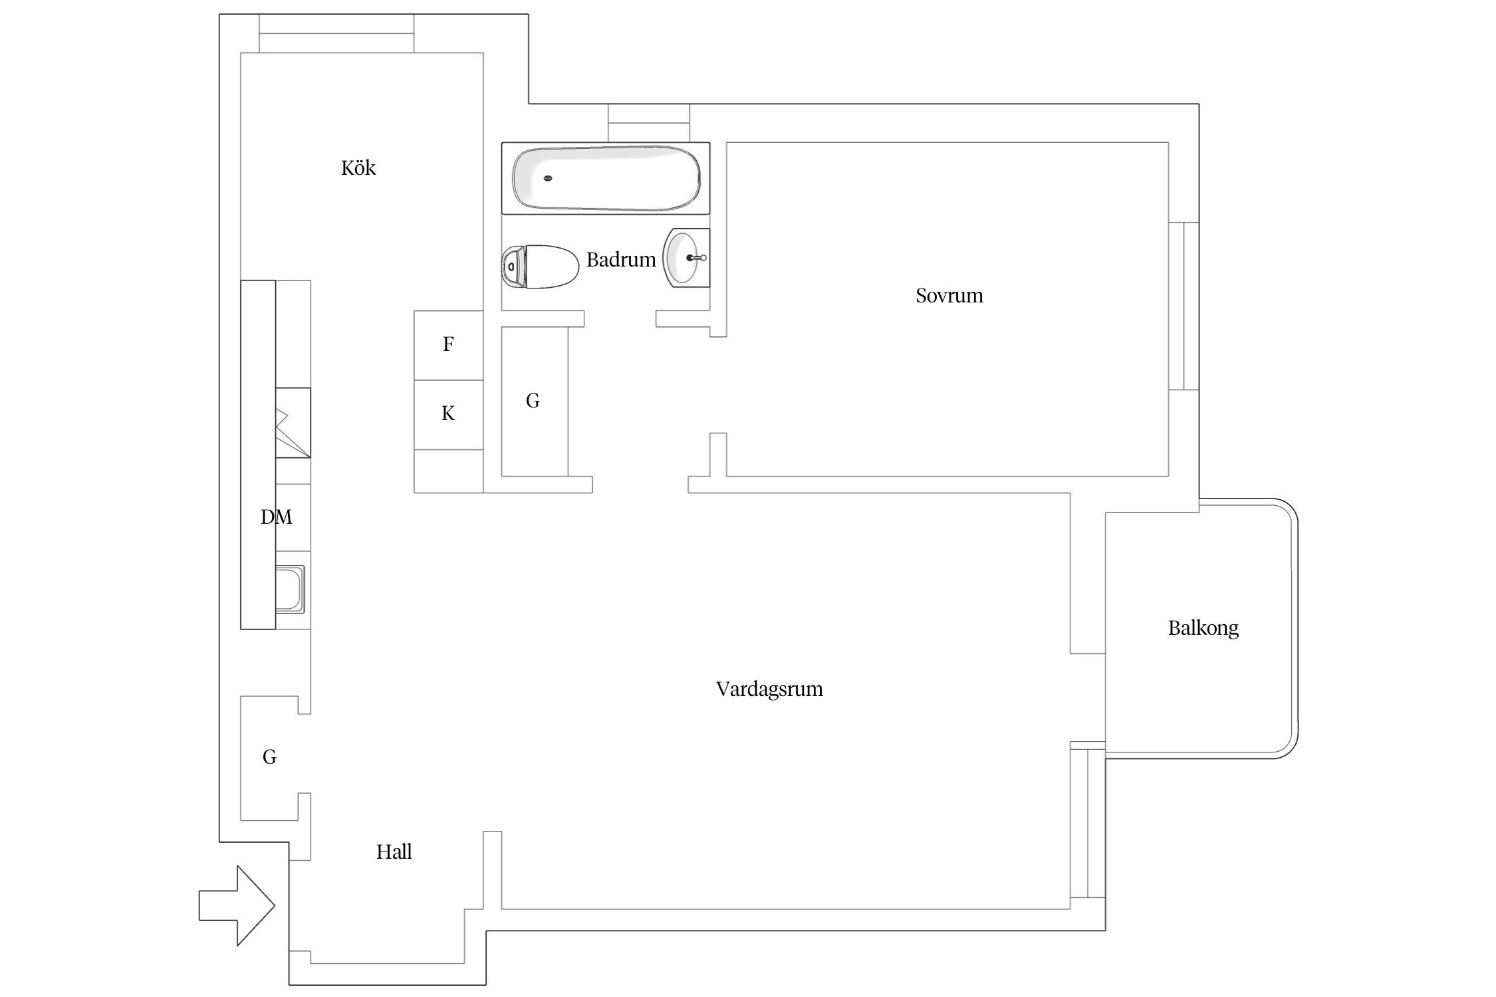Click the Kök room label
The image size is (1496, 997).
(x=358, y=167)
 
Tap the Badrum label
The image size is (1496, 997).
(x=620, y=259)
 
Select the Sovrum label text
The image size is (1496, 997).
(x=949, y=295)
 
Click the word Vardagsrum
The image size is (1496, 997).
(x=769, y=689)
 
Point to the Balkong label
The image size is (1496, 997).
(x=1203, y=628)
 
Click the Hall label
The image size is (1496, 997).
(x=394, y=851)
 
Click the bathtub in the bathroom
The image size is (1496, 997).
(x=605, y=178)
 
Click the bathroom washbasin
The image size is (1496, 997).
(x=686, y=258)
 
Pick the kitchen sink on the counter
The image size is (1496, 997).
(x=290, y=589)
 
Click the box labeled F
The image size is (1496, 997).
(x=448, y=345)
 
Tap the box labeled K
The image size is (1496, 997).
(x=448, y=414)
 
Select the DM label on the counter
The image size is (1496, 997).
(x=276, y=517)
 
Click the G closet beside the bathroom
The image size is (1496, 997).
(x=533, y=401)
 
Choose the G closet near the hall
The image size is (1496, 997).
(x=269, y=757)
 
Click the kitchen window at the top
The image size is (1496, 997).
(x=336, y=33)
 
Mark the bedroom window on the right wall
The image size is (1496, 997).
(x=1184, y=306)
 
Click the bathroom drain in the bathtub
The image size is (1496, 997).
(x=548, y=178)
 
